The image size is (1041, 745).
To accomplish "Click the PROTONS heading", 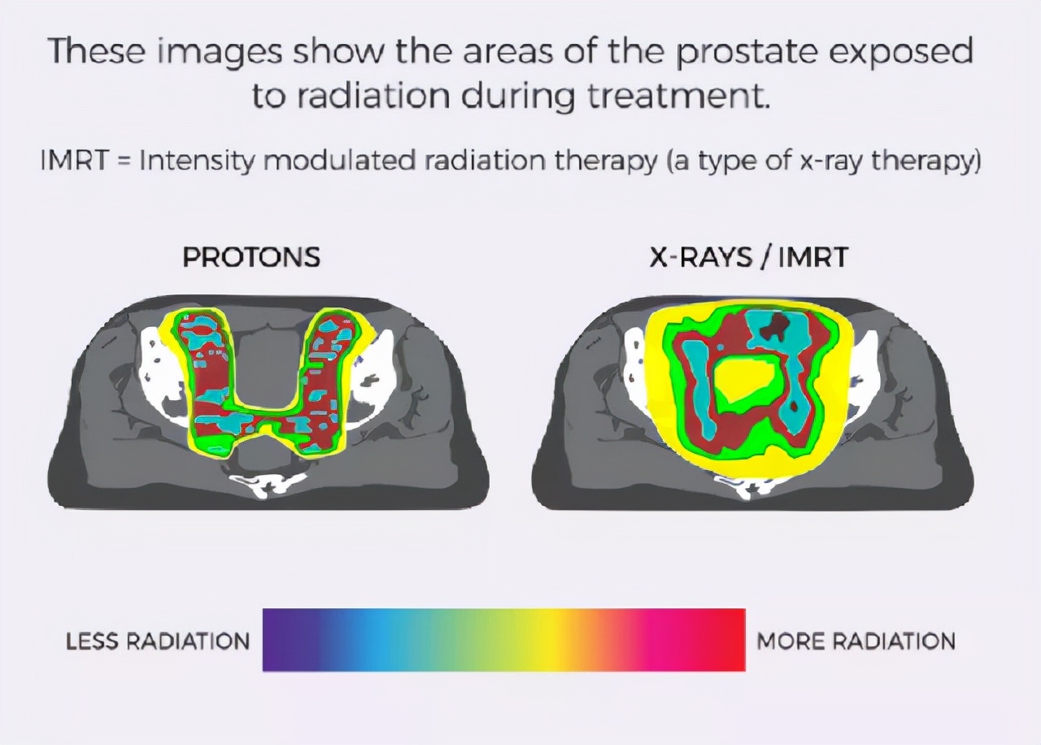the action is (251, 257).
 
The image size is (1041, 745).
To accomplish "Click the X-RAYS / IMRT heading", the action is (748, 257).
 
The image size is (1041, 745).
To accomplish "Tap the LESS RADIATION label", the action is (158, 642).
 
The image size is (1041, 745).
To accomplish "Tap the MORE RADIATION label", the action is (856, 642).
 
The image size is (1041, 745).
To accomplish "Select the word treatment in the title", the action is (676, 96).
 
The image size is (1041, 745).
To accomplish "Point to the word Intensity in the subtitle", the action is (197, 161).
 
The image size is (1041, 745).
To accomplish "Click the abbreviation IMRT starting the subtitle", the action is (74, 161).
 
